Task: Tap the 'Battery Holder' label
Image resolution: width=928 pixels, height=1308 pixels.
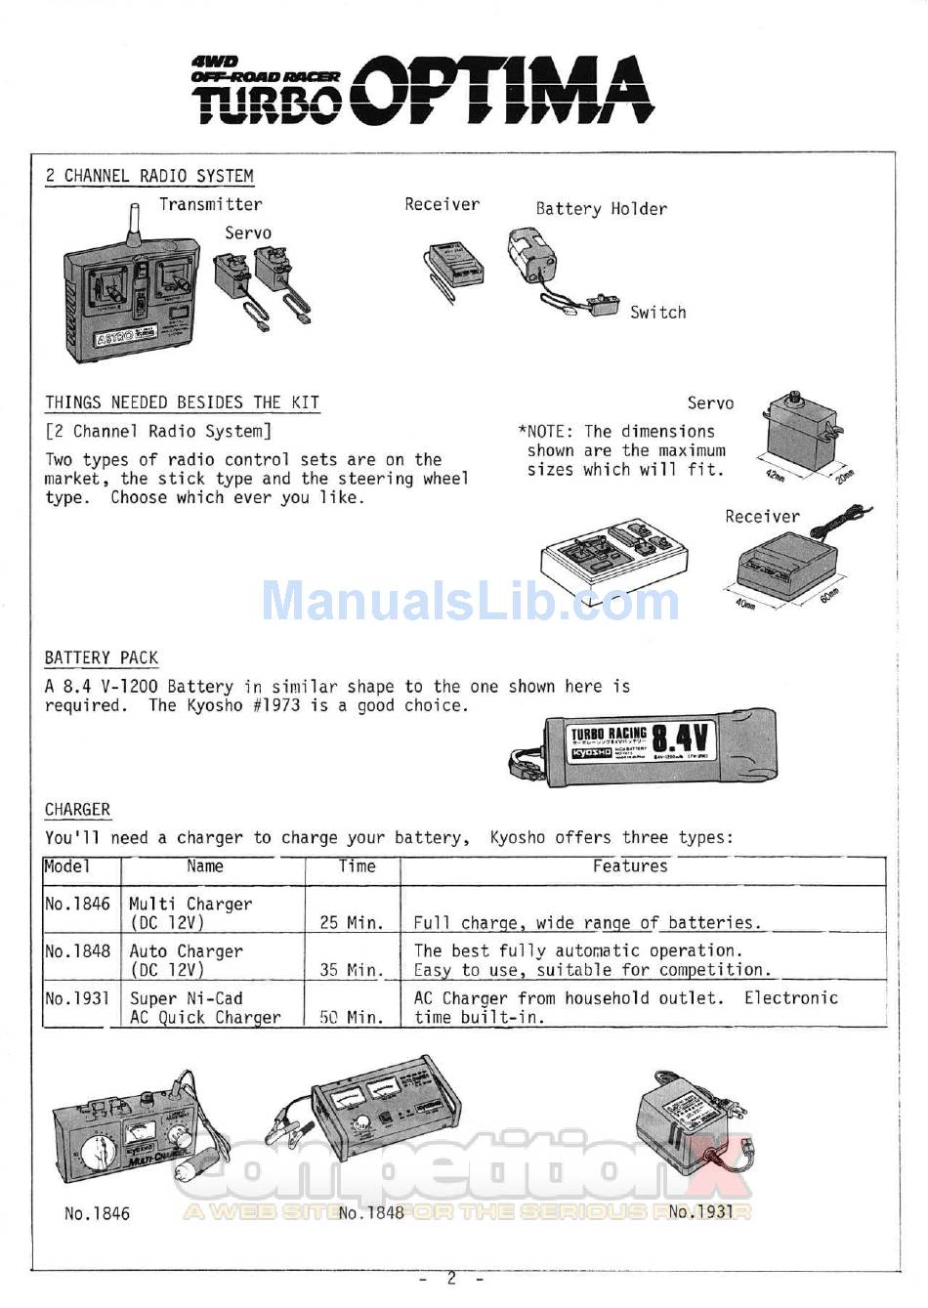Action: click(601, 209)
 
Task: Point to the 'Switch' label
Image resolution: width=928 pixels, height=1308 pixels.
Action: click(657, 313)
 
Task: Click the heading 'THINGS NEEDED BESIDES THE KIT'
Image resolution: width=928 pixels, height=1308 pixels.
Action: click(182, 402)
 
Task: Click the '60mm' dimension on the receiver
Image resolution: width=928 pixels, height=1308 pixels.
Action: click(831, 595)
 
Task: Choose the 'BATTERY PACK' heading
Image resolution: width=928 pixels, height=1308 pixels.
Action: click(101, 657)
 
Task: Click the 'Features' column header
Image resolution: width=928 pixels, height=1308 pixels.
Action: click(630, 865)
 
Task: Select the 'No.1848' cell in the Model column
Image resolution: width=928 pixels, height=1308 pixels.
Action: click(78, 950)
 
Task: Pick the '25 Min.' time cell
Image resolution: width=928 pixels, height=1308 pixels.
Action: click(352, 922)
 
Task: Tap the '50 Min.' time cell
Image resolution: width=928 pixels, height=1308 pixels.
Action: click(352, 1017)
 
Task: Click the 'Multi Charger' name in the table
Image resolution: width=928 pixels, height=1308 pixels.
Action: click(190, 905)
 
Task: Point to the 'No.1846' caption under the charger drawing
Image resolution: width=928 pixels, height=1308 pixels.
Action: click(97, 1213)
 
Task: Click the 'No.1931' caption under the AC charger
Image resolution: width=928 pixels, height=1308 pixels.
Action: click(700, 1211)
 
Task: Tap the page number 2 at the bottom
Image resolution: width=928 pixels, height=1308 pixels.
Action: click(451, 1278)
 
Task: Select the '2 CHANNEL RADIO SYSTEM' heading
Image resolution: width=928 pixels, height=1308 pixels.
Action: click(149, 176)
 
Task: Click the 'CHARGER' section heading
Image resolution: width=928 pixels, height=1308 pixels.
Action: click(77, 810)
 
